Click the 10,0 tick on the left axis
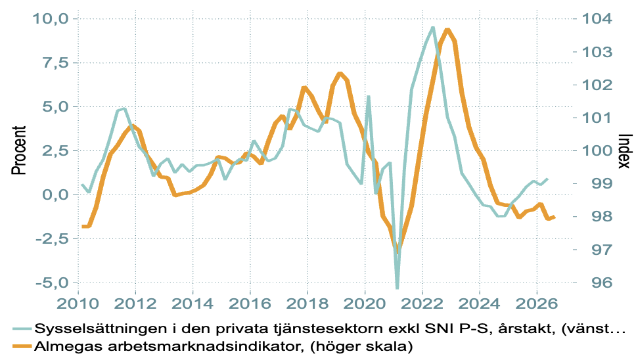pos(51,18)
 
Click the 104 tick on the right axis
pos(597,18)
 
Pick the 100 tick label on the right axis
pos(597,150)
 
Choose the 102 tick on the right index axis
pos(597,85)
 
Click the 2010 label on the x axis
pos(78,304)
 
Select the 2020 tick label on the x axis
pos(365,304)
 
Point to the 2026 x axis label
pos(537,304)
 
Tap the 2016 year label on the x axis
pos(250,304)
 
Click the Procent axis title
pos(18,150)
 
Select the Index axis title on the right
pos(625,151)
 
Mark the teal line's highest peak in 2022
pos(433,28)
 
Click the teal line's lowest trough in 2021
pos(397,288)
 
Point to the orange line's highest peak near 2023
pos(447,30)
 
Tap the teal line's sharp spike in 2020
pos(369,97)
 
